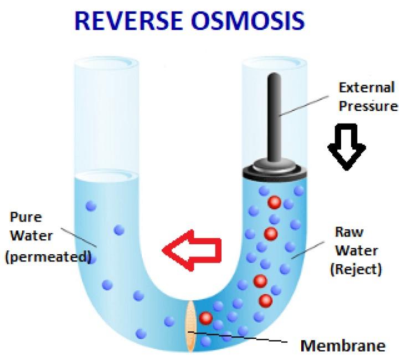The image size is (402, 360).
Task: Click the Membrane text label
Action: [342, 346]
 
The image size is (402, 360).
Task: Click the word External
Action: [367, 88]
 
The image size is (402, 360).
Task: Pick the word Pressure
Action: [368, 106]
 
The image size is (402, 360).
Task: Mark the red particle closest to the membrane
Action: [206, 318]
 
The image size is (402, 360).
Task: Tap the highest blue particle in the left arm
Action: [91, 207]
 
